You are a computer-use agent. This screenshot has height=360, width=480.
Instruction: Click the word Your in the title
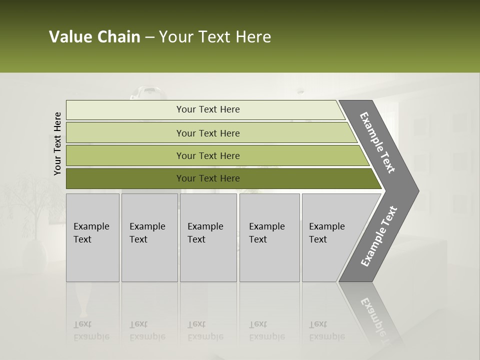pyautogui.click(x=173, y=37)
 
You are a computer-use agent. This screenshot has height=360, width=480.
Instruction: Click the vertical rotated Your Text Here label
pyautogui.click(x=57, y=143)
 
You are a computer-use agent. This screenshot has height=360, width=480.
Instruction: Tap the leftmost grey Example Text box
pyautogui.click(x=92, y=237)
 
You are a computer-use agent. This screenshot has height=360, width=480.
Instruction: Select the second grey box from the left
pyautogui.click(x=149, y=237)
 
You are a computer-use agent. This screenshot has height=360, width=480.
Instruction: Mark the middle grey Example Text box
pyautogui.click(x=208, y=237)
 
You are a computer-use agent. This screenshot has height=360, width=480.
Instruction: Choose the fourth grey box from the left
pyautogui.click(x=269, y=237)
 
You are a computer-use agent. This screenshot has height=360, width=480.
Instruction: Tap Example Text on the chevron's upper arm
pyautogui.click(x=377, y=142)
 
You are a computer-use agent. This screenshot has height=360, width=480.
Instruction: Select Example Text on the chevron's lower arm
pyautogui.click(x=379, y=236)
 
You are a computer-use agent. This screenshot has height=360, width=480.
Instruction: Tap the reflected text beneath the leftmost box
pyautogui.click(x=91, y=330)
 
